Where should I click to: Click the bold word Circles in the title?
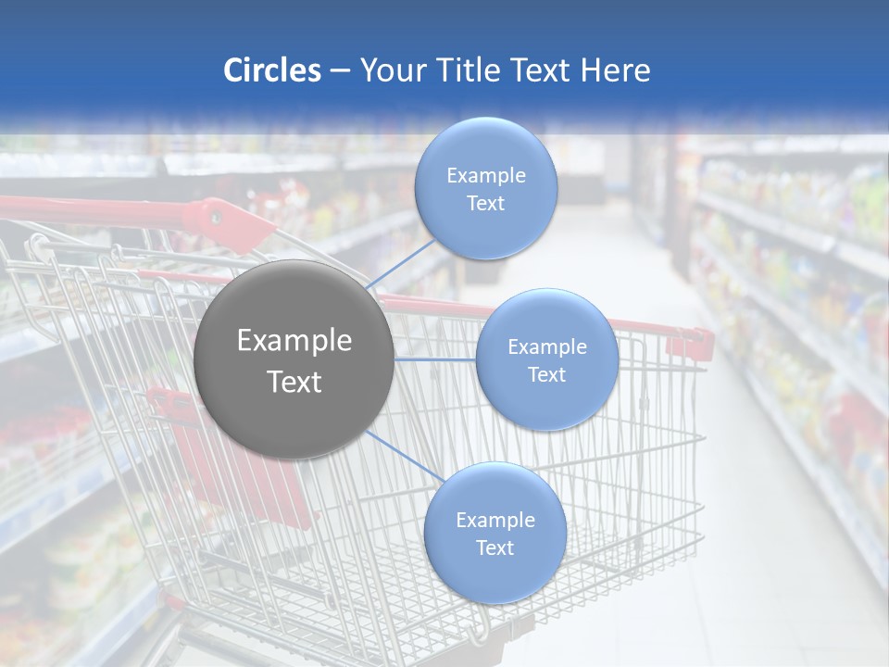pos(272,70)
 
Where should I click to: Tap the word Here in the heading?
pos(616,70)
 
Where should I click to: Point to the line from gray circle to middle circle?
pos(435,359)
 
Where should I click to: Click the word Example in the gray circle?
pos(294,341)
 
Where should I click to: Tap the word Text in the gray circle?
pos(294,382)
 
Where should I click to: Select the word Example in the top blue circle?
pos(486,175)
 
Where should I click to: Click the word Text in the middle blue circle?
pos(547,374)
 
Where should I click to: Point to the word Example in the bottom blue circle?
pos(495,520)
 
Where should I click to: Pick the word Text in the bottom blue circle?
pos(495,547)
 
